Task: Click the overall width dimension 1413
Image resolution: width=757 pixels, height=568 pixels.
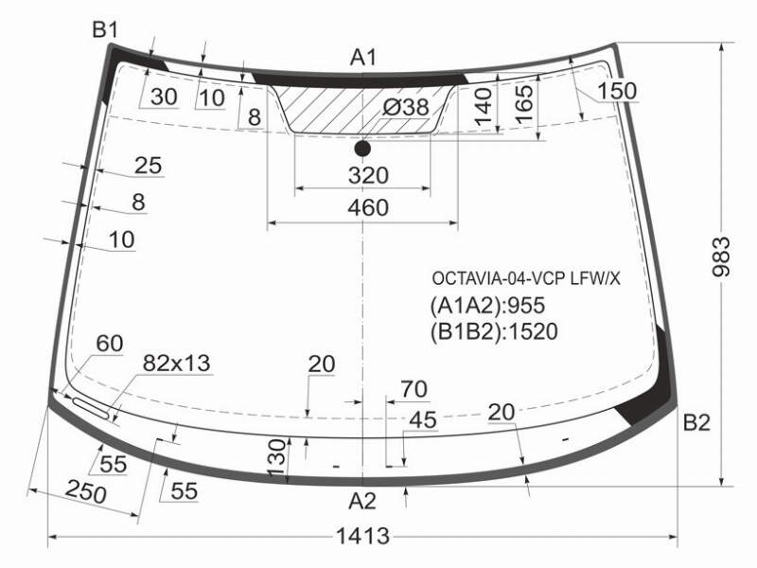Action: (x=362, y=536)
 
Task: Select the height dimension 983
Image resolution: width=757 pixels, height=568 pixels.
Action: (x=721, y=257)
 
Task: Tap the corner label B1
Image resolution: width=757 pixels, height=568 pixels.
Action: (x=105, y=30)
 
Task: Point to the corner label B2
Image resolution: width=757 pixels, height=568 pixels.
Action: (x=696, y=422)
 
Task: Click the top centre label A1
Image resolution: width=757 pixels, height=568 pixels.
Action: (x=363, y=58)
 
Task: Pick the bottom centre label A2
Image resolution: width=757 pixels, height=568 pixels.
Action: (x=362, y=501)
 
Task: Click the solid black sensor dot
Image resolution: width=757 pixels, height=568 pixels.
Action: (x=362, y=149)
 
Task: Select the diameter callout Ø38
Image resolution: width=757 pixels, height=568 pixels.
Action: (x=406, y=107)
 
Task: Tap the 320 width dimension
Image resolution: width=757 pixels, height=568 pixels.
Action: (x=368, y=175)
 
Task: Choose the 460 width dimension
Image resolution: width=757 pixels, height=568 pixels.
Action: (x=368, y=207)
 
